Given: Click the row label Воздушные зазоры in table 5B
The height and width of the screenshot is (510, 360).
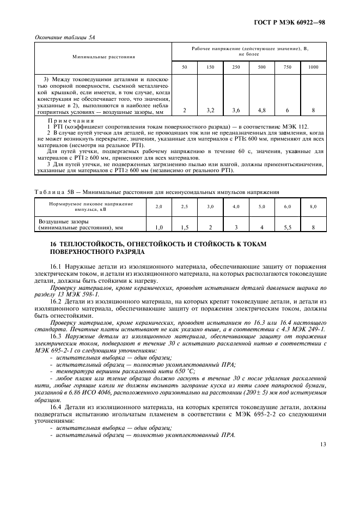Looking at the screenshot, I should [x=59, y=222].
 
